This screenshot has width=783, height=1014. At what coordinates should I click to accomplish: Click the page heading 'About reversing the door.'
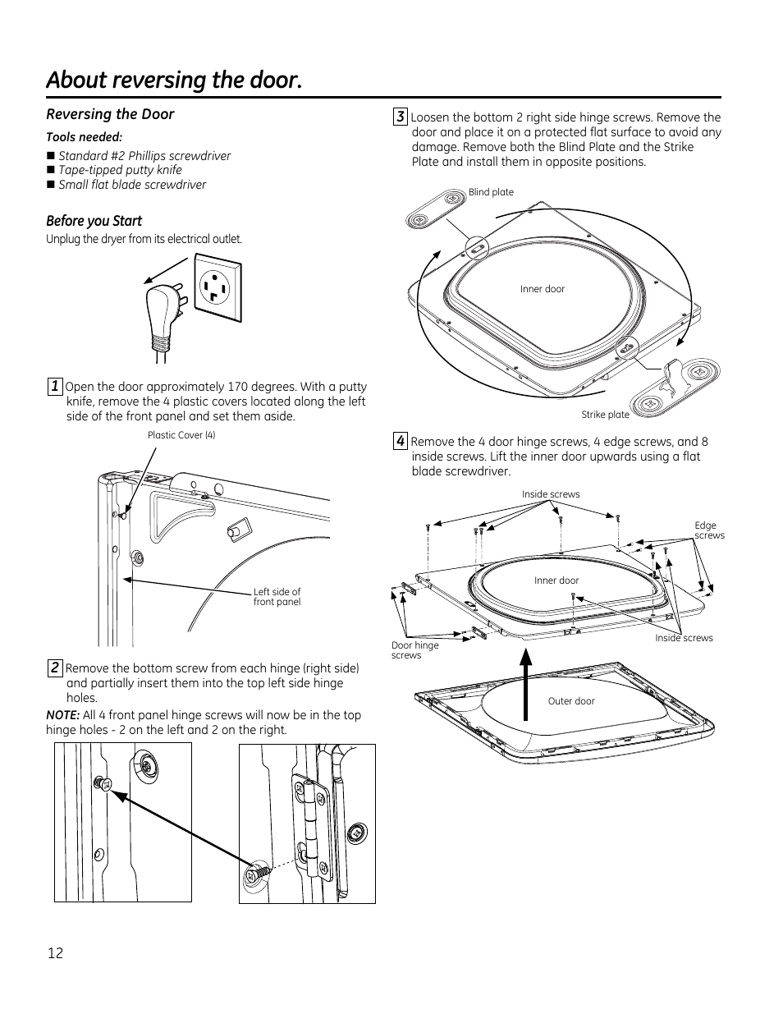point(174,80)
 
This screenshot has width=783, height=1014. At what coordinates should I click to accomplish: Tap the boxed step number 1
point(55,387)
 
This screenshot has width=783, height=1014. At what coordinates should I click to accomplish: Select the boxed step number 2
point(55,668)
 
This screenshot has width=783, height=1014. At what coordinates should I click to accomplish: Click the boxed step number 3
point(401,117)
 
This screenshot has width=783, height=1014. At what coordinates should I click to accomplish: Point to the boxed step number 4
point(401,441)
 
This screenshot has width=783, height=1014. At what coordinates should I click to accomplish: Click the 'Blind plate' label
point(491,192)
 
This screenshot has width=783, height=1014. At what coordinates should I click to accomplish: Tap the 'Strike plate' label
point(606,415)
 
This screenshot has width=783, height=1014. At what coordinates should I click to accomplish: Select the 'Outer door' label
point(571,701)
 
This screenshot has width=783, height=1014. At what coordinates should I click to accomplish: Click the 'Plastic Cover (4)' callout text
point(181,435)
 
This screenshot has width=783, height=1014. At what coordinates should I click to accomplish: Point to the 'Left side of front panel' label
point(277,597)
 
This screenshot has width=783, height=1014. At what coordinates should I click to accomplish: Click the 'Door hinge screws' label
point(415,650)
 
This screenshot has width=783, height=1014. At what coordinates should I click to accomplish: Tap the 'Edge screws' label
point(709,530)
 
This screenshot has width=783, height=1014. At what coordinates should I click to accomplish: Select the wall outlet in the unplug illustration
point(217,287)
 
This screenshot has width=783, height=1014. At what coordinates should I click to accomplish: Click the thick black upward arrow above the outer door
point(526,684)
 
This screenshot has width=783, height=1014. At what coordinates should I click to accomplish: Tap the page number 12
point(55,953)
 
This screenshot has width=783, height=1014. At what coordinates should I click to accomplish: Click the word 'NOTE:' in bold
point(63,715)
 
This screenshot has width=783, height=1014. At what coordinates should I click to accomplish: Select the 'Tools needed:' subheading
point(84,137)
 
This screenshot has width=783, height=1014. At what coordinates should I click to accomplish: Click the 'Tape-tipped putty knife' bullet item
point(120,170)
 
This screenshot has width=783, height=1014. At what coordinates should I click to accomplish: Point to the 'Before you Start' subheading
point(94,221)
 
